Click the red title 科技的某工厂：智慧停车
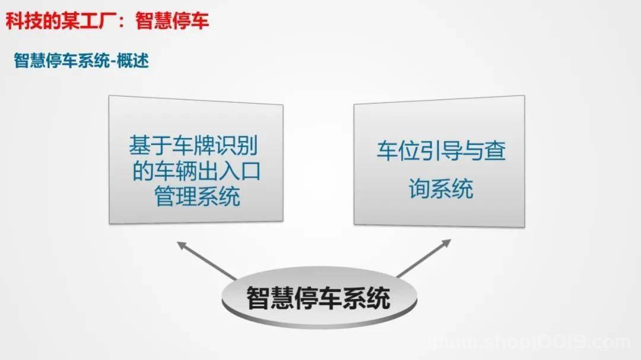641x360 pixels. pyautogui.click(x=107, y=21)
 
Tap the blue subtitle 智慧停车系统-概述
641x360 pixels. pyautogui.click(x=81, y=61)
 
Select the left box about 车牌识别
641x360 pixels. pyautogui.click(x=196, y=160)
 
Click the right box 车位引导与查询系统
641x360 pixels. pyautogui.click(x=439, y=161)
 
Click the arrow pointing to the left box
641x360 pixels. pyautogui.click(x=207, y=260)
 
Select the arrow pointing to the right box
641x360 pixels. pyautogui.click(x=424, y=258)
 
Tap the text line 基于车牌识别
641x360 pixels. pyautogui.click(x=193, y=145)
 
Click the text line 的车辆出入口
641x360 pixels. pyautogui.click(x=196, y=171)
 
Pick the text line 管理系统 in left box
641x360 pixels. pyautogui.click(x=196, y=196)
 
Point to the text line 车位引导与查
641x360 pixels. pyautogui.click(x=441, y=151)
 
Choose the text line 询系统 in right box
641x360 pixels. pyautogui.click(x=441, y=189)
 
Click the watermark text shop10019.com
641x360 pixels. pyautogui.click(x=531, y=342)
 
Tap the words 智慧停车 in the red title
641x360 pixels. pyautogui.click(x=172, y=21)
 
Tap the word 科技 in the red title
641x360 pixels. pyautogui.click(x=24, y=21)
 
